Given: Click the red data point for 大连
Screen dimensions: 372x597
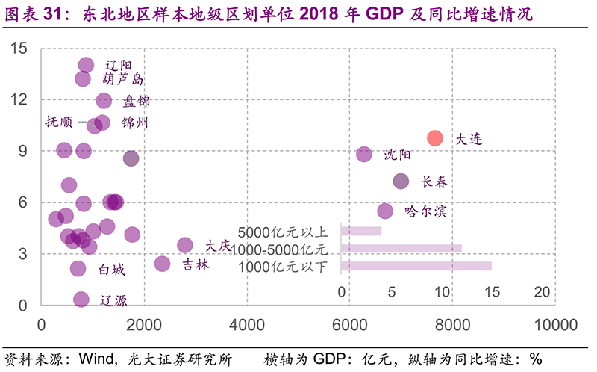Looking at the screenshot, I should tap(435, 138).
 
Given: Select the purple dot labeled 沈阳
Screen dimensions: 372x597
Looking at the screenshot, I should tap(364, 154).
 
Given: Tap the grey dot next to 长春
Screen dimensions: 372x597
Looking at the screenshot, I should tap(401, 181).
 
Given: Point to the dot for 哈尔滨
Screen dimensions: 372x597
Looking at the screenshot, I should tap(385, 211).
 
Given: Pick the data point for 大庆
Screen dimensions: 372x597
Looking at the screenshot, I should tap(185, 245).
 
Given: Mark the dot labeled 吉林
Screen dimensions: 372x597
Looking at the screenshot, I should tap(162, 264).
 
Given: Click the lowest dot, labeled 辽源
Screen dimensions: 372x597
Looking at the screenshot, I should tap(81, 299).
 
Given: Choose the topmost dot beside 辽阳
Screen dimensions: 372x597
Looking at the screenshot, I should tap(86, 65).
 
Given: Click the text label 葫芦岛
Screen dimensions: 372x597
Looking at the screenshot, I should tap(123, 80).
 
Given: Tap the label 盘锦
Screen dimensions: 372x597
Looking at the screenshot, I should tap(136, 101).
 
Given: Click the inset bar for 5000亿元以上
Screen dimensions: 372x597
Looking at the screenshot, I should tap(361, 231).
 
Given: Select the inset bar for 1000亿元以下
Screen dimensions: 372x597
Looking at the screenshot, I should tap(416, 266).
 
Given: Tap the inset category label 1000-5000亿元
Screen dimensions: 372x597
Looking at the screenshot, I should tap(279, 249).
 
